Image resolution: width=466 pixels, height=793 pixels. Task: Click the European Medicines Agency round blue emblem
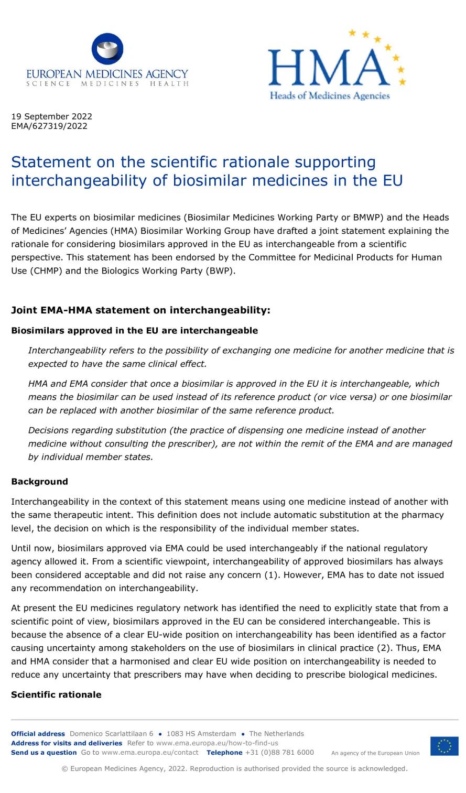(x=107, y=49)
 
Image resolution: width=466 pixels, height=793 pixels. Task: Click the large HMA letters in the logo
(x=329, y=68)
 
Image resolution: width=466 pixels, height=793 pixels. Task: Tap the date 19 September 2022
(x=51, y=116)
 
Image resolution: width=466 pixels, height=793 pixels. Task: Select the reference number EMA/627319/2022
(x=49, y=126)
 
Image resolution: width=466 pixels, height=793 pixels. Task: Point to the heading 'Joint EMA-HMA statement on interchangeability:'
(x=140, y=310)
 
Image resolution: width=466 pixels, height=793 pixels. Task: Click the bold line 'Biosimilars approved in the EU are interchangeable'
(x=134, y=331)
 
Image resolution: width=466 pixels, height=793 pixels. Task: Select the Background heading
(x=39, y=482)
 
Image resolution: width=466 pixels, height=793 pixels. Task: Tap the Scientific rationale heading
(x=56, y=694)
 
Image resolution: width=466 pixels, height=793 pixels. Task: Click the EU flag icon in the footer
(x=444, y=746)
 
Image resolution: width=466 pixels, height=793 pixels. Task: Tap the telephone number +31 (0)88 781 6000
(x=279, y=753)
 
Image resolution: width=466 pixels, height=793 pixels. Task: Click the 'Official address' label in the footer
(x=38, y=734)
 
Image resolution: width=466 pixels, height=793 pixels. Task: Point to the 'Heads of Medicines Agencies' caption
(x=330, y=95)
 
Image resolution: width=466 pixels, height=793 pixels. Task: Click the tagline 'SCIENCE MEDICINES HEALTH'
(x=107, y=84)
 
